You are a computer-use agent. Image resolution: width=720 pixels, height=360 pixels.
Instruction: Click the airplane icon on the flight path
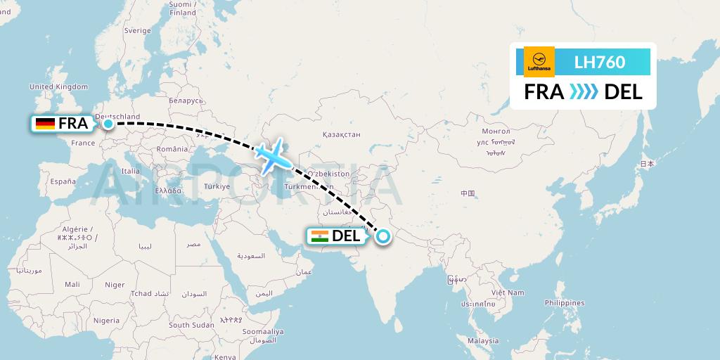click(271, 156)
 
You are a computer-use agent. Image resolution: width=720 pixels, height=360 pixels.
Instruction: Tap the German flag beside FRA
click(46, 124)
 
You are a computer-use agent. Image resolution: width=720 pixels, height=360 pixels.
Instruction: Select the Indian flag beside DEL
click(319, 236)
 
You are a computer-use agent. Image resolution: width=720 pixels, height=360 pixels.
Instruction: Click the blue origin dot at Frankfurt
click(108, 124)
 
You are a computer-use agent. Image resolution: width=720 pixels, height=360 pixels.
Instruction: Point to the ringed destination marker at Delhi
click(382, 236)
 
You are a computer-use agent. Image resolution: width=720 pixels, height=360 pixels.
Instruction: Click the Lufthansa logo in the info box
click(539, 62)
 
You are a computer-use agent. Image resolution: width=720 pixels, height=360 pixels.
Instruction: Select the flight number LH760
click(599, 62)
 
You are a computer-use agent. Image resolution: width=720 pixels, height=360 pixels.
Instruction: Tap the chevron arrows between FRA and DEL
click(584, 91)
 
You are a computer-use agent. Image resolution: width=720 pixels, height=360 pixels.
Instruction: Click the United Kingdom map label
click(58, 86)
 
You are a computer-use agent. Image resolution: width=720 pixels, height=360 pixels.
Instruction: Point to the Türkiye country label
click(217, 186)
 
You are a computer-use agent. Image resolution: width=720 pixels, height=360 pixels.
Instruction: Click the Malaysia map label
click(484, 341)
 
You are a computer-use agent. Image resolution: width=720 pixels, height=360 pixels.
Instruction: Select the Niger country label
click(115, 285)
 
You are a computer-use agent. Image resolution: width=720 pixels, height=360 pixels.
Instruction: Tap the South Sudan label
click(191, 325)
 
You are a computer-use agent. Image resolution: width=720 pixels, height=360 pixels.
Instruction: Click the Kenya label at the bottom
click(226, 356)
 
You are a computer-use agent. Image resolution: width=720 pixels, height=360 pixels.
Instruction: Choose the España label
click(62, 181)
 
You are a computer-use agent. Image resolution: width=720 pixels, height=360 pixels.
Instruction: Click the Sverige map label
click(137, 31)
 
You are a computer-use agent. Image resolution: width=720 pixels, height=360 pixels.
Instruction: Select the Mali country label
click(72, 285)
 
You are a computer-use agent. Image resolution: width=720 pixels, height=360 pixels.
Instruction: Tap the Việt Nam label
click(508, 292)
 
